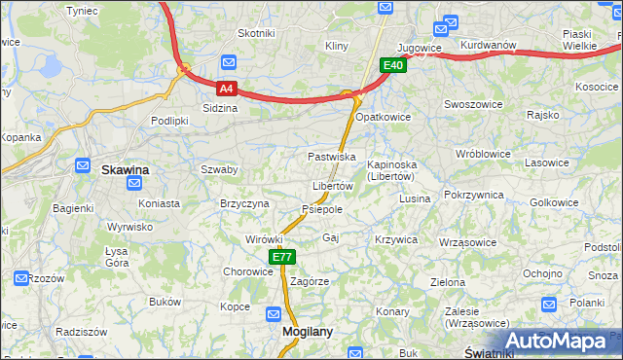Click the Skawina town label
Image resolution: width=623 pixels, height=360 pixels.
126,170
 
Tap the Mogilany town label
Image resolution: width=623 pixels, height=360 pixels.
308,331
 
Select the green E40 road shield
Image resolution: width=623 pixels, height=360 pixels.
392,65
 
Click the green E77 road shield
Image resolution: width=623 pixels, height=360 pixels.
282,257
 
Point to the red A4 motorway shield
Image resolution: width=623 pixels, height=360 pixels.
226,88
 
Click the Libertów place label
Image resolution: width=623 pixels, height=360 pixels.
332,186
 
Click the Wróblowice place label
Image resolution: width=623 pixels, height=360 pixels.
483,154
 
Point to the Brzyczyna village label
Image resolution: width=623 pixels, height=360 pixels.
244,203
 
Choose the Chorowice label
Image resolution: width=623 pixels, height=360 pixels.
248,271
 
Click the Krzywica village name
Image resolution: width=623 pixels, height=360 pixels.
395,239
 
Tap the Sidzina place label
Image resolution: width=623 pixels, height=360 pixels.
220,108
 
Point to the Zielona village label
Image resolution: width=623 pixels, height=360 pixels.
448,282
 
